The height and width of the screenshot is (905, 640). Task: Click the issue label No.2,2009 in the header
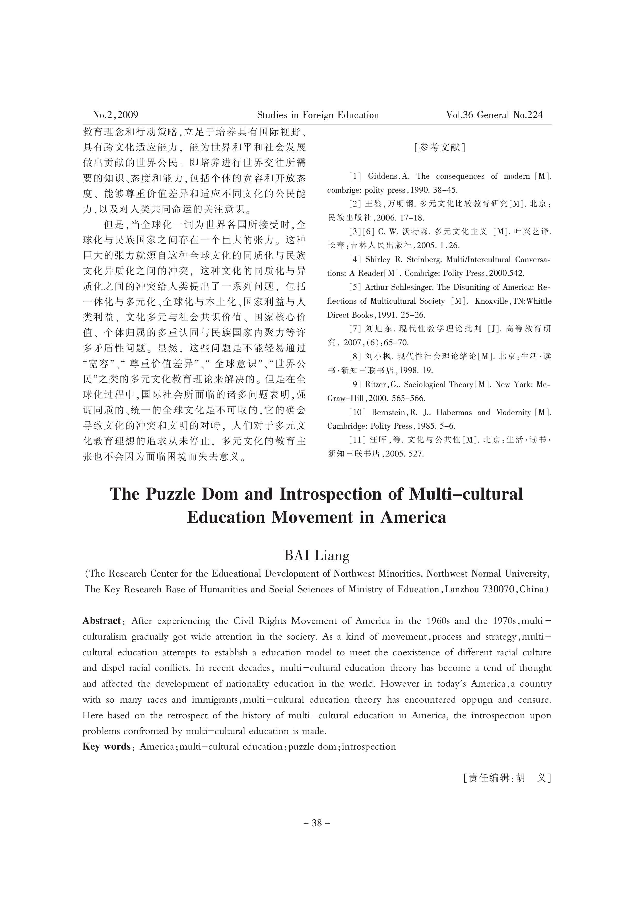click(115, 115)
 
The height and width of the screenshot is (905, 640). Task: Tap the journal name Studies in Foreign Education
click(318, 115)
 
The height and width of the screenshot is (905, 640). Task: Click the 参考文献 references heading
click(439, 147)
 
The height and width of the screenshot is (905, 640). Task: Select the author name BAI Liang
click(317, 556)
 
